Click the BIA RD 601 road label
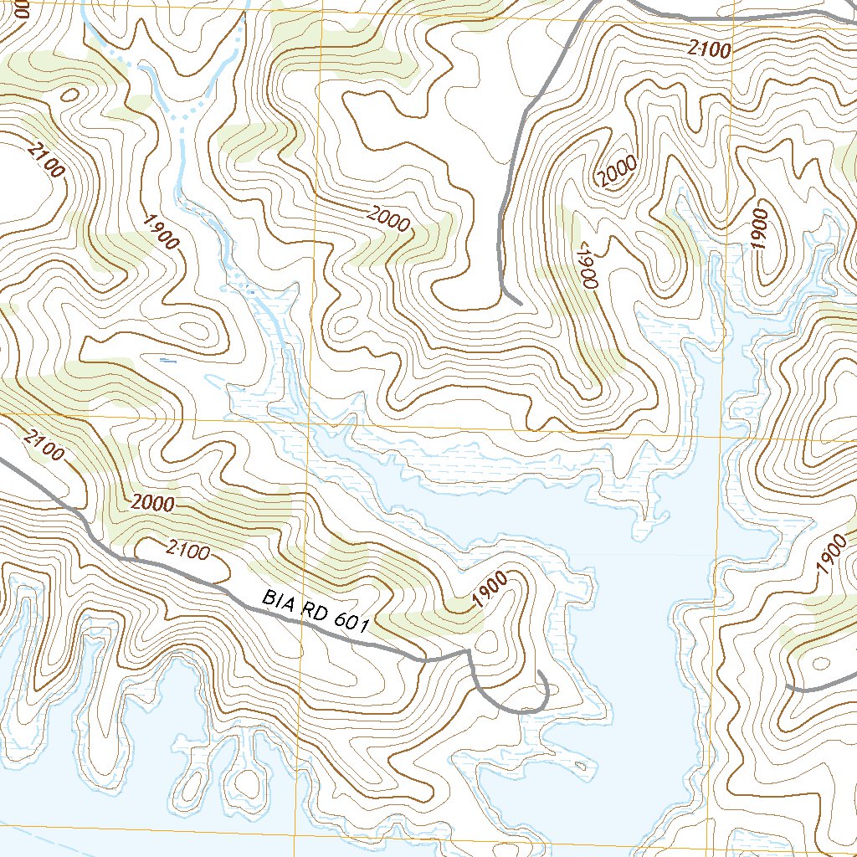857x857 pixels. tap(316, 610)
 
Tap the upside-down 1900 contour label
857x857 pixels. tap(584, 264)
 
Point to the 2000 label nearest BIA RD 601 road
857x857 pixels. tap(151, 504)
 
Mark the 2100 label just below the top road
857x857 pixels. tap(709, 50)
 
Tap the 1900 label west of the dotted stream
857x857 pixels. tap(161, 232)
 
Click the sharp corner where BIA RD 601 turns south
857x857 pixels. tap(468, 651)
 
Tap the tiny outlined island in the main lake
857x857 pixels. tap(579, 765)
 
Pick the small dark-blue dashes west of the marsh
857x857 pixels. tap(168, 362)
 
